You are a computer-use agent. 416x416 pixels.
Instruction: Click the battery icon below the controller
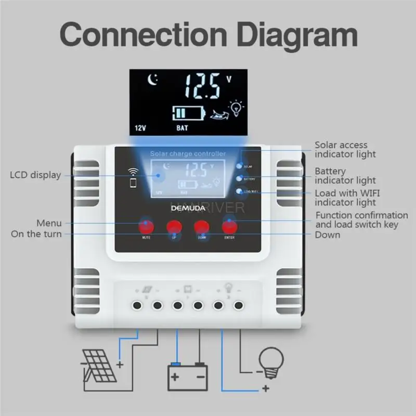[x=188, y=375]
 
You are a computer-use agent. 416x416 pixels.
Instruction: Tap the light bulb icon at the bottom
[x=272, y=361]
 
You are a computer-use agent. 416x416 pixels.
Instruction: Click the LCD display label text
[x=35, y=175]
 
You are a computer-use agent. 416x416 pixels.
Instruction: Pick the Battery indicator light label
[x=345, y=176]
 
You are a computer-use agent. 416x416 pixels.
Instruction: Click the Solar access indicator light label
[x=345, y=149]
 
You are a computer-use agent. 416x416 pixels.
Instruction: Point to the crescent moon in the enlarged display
[x=153, y=80]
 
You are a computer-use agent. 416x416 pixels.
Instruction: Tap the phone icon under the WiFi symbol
[x=133, y=183]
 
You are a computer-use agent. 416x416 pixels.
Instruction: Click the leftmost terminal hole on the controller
[x=137, y=305]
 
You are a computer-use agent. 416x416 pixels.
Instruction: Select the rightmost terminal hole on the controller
[x=239, y=305]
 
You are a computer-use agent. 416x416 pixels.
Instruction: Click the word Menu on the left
[x=49, y=224]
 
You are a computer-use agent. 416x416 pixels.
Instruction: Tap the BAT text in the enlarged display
[x=182, y=127]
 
